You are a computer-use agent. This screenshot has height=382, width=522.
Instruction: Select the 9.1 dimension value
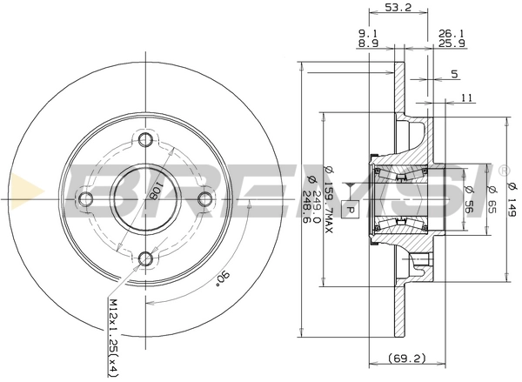pyautogui.click(x=367, y=35)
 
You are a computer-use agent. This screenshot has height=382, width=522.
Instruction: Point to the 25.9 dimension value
pyautogui.click(x=449, y=44)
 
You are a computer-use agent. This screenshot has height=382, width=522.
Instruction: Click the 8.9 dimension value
pyautogui.click(x=367, y=44)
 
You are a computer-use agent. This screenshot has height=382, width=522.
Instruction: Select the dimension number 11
pyautogui.click(x=466, y=98)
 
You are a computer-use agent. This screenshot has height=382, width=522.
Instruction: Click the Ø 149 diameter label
pyautogui.click(x=512, y=197)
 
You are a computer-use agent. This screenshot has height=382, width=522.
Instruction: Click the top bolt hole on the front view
pyautogui.click(x=145, y=140)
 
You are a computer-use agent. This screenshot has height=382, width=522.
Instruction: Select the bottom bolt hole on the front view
pyautogui.click(x=145, y=258)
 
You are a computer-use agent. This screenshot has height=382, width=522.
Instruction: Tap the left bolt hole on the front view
pyautogui.click(x=85, y=199)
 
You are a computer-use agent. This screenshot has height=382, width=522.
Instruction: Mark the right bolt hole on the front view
pyautogui.click(x=204, y=199)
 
